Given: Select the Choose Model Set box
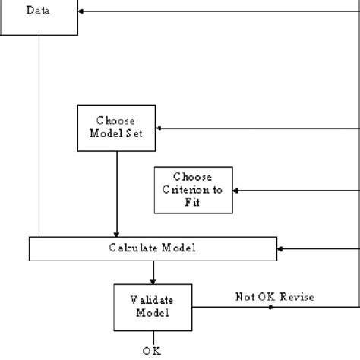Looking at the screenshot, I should (x=116, y=127).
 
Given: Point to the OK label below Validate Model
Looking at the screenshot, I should (x=152, y=350).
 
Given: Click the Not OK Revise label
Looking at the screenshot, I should (x=273, y=297).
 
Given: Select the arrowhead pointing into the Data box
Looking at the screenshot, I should (x=83, y=11).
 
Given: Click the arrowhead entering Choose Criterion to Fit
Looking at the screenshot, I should (x=235, y=189).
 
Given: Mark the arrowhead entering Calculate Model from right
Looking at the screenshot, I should (x=281, y=248).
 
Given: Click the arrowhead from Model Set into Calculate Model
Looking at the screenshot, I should (x=116, y=233).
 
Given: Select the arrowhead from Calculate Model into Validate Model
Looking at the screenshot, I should (x=153, y=280).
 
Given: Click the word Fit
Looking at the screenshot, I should (x=192, y=202).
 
